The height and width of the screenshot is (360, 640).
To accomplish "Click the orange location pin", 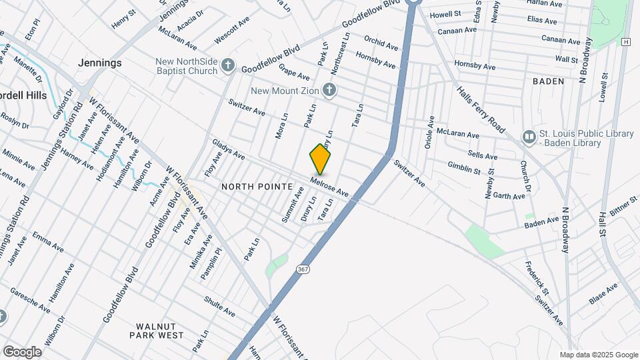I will tap(320, 159).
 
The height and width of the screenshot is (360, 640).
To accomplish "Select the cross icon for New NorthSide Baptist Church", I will tap(228, 65).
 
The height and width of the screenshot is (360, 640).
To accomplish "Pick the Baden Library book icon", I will tap(529, 137).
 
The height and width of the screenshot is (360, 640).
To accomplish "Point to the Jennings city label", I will tap(100, 63).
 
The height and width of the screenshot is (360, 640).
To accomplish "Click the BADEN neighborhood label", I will tap(548, 81).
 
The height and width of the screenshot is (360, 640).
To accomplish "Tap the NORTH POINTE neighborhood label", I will tap(257, 186).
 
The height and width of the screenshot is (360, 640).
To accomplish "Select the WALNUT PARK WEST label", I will tap(159, 331).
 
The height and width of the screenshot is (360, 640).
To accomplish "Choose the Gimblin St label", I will tap(464, 167).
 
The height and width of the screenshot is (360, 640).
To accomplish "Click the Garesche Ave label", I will tap(29, 300).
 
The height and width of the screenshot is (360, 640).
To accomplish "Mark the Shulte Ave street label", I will tap(220, 307).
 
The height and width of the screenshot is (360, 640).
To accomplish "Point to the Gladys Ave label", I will tap(228, 149).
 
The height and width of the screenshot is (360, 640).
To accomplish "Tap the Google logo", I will tap(22, 351).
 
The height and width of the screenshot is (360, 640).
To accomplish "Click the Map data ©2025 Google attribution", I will tap(598, 355).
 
